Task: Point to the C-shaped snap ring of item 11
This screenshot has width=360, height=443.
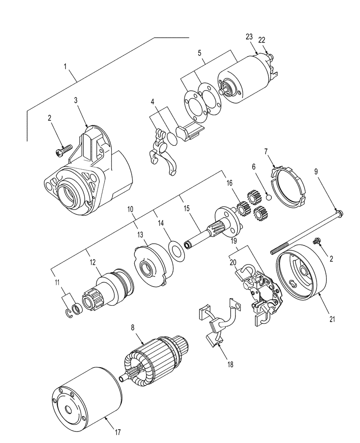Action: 68,314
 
